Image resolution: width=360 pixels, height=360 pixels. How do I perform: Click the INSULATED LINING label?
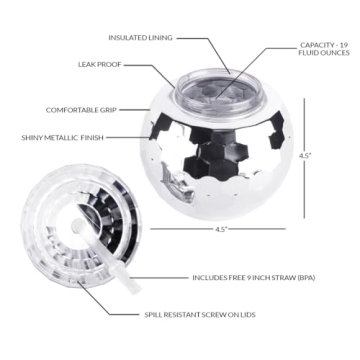tap(140, 38)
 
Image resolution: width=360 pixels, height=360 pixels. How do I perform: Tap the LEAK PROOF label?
tap(100, 65)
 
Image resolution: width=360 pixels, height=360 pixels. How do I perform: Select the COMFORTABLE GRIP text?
tap(81, 110)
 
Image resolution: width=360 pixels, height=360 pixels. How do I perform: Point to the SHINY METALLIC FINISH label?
tap(63, 137)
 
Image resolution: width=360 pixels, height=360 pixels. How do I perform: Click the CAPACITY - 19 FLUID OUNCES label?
tap(324, 49)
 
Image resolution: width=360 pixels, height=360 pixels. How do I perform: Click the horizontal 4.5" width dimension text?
tap(218, 229)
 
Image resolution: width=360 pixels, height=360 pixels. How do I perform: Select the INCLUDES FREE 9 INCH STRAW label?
tap(254, 278)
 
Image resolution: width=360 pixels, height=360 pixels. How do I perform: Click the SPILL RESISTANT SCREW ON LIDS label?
tap(200, 314)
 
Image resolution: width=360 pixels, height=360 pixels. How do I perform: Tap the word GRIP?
tap(108, 110)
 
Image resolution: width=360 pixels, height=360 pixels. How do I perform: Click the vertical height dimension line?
tap(304, 158)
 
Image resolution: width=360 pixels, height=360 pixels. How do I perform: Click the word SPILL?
tap(153, 314)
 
